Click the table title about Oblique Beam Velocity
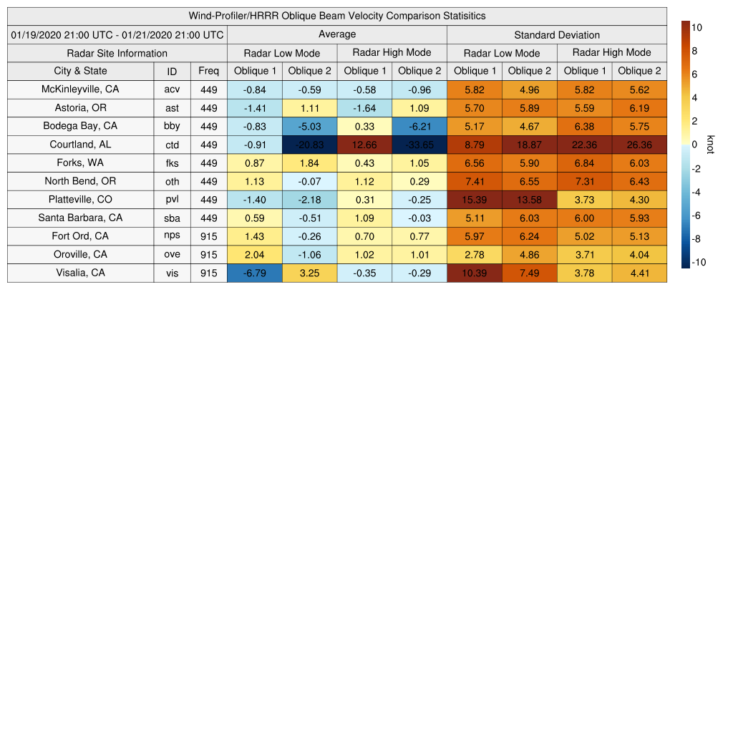tap(337, 16)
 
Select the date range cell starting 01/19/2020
tap(117, 34)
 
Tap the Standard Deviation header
tap(557, 34)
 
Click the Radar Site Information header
tap(117, 53)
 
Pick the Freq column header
tap(209, 71)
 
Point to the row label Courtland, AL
tap(80, 145)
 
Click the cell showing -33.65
tap(419, 145)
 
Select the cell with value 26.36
tap(639, 145)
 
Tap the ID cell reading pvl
tap(172, 200)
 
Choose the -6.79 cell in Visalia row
tap(255, 273)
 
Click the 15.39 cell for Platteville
tap(475, 200)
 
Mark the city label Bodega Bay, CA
tap(80, 126)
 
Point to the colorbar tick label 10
tap(696, 27)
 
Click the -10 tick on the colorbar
tap(699, 262)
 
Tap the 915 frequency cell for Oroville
tap(209, 254)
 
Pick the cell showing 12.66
tap(364, 145)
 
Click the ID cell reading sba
tap(172, 218)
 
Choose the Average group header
tap(337, 34)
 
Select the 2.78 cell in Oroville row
tap(475, 254)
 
